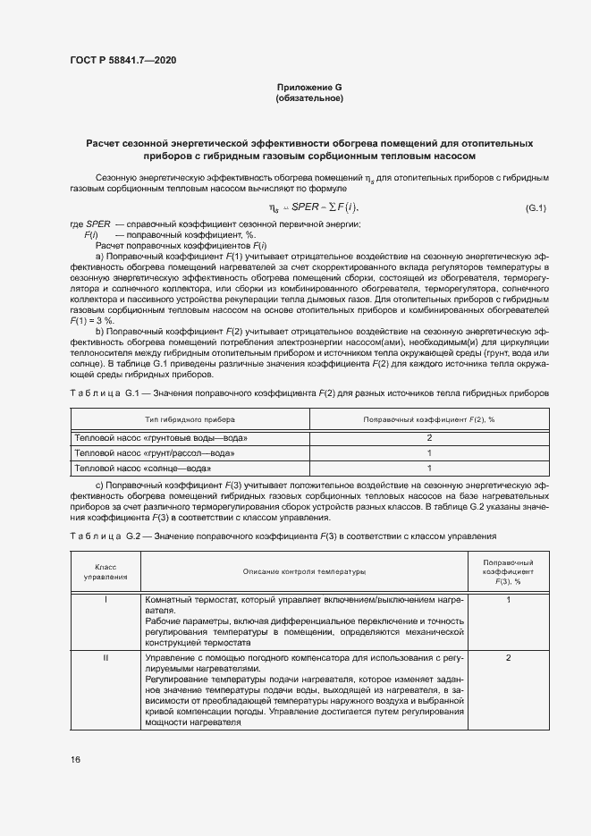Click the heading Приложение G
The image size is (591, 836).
[309, 87]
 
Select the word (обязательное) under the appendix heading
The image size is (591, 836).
[309, 98]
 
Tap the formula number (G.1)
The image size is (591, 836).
[536, 208]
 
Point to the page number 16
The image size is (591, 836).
[75, 759]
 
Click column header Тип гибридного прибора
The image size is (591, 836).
[185, 419]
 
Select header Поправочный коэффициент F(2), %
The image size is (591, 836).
[430, 419]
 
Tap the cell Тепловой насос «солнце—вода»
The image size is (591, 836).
[143, 468]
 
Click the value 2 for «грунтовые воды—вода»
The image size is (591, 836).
[430, 438]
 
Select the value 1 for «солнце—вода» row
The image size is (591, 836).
[430, 468]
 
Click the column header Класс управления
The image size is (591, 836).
[106, 571]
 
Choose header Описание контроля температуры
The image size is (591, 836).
[304, 571]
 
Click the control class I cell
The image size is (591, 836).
[106, 599]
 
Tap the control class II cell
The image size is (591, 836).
[106, 658]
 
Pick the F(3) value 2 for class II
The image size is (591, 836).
[508, 658]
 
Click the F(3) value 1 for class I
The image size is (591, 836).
[508, 599]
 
